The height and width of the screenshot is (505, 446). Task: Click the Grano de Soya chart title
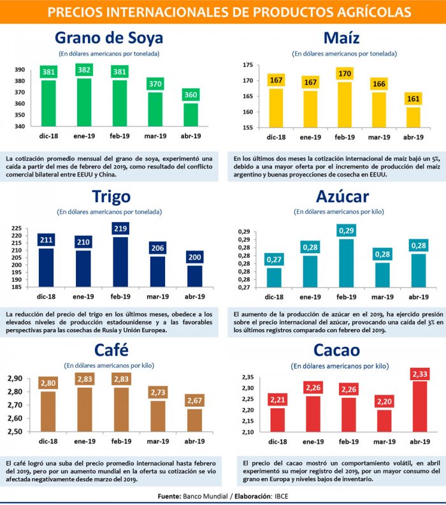tap(109, 38)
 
